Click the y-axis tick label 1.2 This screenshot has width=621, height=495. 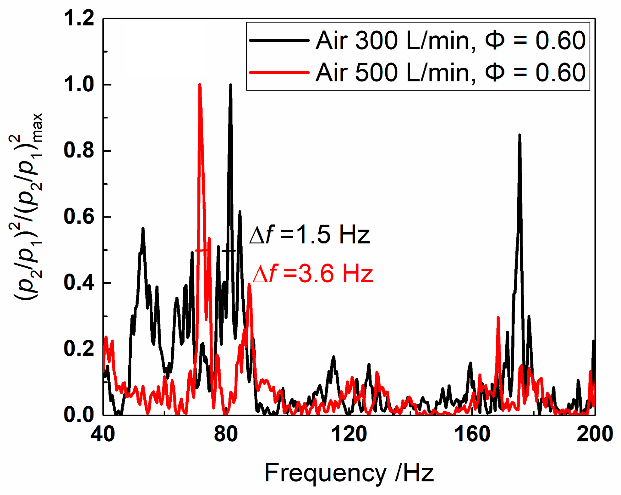[79, 18]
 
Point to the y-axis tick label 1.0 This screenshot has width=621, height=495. [79, 84]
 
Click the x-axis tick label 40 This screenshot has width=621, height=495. [102, 434]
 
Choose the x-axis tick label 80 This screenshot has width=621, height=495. [226, 434]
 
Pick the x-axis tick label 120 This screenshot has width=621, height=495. [349, 434]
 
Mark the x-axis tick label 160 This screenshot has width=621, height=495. [472, 434]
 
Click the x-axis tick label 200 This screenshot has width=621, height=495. [595, 434]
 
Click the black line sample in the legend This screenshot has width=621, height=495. [279, 40]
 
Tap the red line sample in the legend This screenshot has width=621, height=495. [279, 72]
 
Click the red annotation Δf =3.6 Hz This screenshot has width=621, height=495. [313, 273]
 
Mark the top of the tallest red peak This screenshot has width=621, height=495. [200, 85]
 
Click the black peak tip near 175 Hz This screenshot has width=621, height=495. [520, 135]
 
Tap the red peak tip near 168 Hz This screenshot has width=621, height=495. [498, 318]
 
